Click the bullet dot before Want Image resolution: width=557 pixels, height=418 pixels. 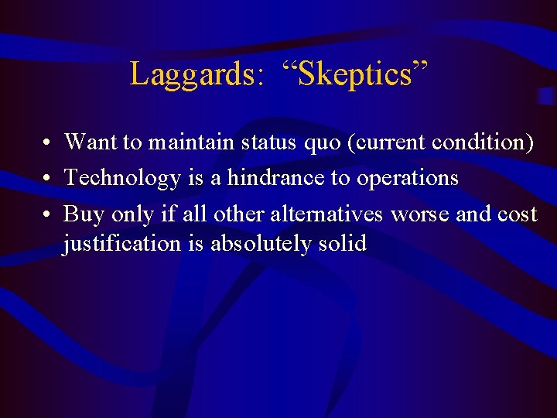(48, 143)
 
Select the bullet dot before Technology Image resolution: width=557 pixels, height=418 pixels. (48, 179)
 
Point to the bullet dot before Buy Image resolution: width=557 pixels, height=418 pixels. (48, 214)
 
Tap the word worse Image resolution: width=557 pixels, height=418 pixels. (419, 214)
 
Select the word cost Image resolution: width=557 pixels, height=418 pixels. (518, 214)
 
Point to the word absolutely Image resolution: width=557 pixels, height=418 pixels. (257, 244)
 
